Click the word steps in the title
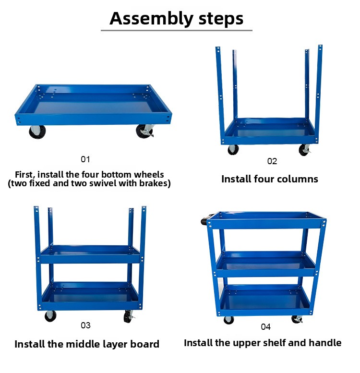[221, 19]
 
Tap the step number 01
[85, 159]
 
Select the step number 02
[272, 161]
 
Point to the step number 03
[85, 325]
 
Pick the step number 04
[265, 326]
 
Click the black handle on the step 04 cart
[204, 220]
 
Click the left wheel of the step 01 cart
[37, 132]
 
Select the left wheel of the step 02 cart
[233, 150]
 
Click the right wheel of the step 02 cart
[304, 150]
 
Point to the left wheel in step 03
[50, 316]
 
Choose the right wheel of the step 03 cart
[129, 316]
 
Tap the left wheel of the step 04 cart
[229, 320]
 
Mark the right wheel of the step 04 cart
[297, 319]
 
